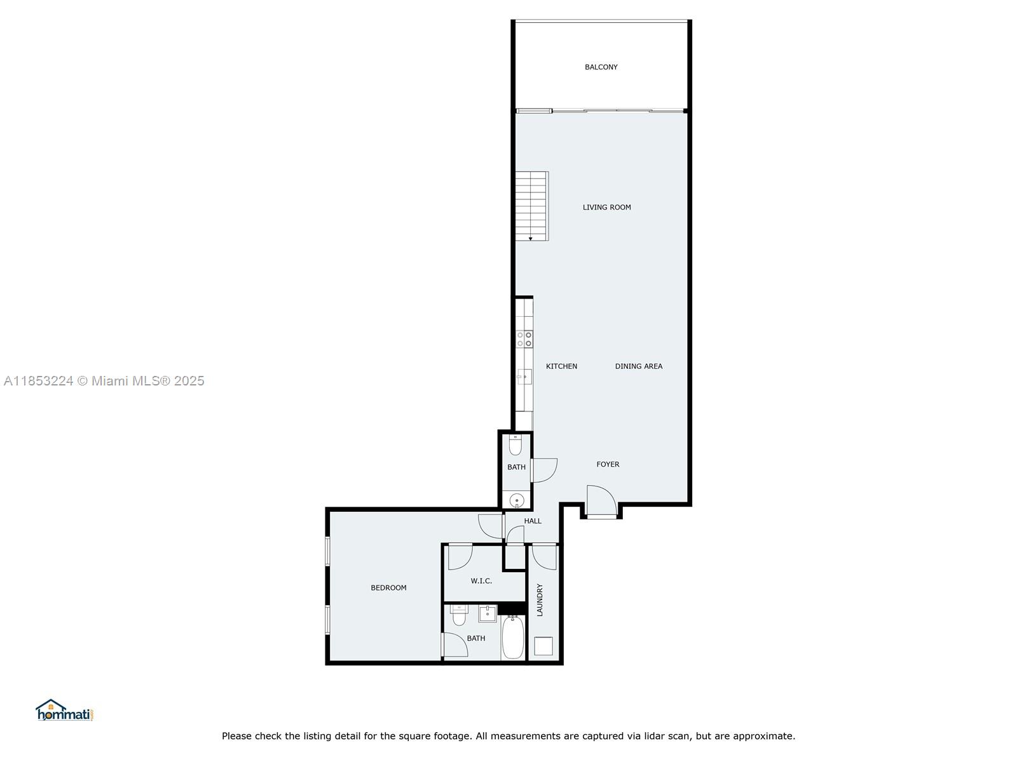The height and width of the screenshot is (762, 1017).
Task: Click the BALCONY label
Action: [x=601, y=67]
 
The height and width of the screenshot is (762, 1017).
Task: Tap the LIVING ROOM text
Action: [x=606, y=207]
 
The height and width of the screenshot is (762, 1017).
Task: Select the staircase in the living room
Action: [x=532, y=206]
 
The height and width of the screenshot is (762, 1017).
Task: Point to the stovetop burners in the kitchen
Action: [x=524, y=339]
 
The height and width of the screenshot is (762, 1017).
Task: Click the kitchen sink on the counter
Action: [x=524, y=377]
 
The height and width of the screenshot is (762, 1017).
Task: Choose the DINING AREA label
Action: [x=638, y=366]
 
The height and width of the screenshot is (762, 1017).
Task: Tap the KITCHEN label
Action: [x=561, y=366]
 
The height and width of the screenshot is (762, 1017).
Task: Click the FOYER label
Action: [x=608, y=465]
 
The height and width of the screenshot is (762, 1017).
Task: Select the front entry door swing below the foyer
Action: [x=601, y=500]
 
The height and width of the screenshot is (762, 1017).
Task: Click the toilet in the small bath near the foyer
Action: [x=515, y=445]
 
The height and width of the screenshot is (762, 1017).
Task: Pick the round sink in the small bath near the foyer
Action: [x=517, y=500]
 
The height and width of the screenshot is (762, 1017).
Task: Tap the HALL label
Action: [x=533, y=521]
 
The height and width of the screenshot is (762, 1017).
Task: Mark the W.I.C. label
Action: [x=481, y=581]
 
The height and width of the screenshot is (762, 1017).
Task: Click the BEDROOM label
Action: [x=388, y=588]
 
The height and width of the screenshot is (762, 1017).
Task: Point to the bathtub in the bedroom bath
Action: [x=514, y=637]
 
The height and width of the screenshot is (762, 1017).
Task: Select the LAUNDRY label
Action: [x=540, y=600]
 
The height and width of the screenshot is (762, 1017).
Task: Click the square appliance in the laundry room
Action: [x=543, y=646]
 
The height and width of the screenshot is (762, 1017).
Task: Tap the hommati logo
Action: [x=64, y=710]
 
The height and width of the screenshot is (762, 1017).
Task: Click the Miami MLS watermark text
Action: [x=104, y=381]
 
